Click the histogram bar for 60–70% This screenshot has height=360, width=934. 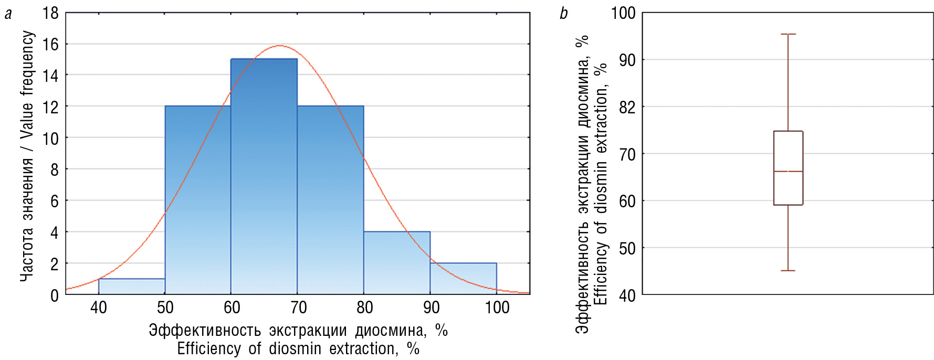point(264,176)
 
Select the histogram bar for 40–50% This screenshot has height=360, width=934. point(132,287)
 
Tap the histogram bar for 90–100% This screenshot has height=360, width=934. point(463,279)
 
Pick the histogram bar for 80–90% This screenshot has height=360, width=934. point(397,262)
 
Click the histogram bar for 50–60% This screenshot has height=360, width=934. point(198,199)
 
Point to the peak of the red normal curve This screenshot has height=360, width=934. point(279,46)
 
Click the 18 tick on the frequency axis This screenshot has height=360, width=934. point(51,13)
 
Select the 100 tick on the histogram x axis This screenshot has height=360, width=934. point(497,308)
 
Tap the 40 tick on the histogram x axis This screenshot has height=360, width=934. point(99,308)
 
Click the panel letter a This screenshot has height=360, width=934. point(8,14)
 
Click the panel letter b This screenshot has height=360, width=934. point(563,14)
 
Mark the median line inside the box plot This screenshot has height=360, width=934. point(788,172)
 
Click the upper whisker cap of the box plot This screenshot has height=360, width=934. point(788,34)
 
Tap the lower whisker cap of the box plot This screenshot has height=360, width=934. point(788,271)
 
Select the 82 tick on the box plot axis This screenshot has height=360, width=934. point(627,107)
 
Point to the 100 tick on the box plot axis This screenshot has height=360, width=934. point(623,13)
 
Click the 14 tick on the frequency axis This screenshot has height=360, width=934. point(51,75)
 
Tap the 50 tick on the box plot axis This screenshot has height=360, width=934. point(627,248)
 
